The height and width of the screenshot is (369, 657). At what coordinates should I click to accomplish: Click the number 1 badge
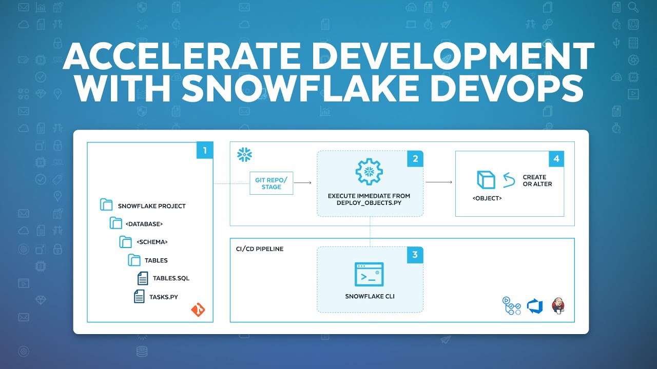pos(205,151)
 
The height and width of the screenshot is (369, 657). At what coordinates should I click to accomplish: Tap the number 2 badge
pos(415,159)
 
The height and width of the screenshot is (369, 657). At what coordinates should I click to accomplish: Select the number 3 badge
pos(415,255)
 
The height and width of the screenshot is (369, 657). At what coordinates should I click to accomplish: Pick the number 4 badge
pos(556,159)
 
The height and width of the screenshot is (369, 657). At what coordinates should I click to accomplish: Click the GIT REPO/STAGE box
pos(272,183)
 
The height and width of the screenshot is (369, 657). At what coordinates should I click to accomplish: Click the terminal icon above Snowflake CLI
pos(369,275)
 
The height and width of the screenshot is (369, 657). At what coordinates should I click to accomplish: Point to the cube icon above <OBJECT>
pos(485,180)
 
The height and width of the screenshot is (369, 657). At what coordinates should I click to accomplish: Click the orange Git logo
pos(198,310)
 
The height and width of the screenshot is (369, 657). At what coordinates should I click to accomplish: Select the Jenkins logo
pos(558,305)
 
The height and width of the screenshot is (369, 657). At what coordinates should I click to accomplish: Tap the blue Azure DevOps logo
pos(535,306)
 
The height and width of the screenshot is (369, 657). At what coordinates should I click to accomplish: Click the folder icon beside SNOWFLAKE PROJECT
pos(106,206)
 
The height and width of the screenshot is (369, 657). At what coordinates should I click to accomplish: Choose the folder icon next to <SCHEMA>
pos(125,242)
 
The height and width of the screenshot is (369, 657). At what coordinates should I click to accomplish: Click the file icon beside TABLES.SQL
pos(143,278)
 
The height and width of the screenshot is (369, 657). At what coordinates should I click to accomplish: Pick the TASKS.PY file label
pos(164,296)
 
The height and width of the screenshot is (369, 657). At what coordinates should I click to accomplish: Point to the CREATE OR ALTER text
pos(537,180)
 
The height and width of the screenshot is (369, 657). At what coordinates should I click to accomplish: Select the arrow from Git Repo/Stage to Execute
pos(303,182)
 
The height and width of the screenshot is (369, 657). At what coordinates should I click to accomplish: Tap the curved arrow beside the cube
pos(509,180)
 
